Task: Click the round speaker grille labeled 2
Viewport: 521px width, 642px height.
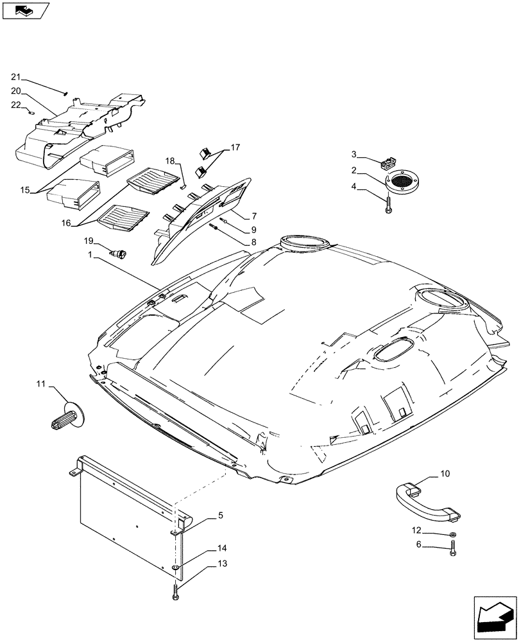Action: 402,181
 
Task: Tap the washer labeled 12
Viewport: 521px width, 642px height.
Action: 453,534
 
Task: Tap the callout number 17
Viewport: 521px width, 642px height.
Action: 235,147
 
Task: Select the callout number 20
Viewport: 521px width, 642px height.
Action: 33,91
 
